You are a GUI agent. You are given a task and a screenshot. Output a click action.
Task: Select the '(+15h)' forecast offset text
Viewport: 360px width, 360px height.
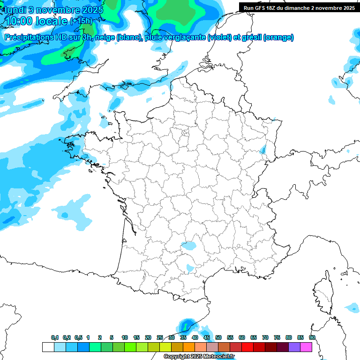coord(81,21)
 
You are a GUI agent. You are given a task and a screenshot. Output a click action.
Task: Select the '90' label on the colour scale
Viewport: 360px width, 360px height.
coord(312,337)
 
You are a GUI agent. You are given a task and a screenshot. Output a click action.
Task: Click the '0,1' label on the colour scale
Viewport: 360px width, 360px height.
coord(54,337)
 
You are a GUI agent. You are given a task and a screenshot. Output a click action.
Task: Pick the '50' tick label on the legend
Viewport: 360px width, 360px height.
coord(218,337)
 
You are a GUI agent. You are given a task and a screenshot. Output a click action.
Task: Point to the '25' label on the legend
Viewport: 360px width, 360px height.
coord(160,337)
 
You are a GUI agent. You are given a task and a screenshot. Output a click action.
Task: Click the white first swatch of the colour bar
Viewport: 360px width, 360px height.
coord(48,347)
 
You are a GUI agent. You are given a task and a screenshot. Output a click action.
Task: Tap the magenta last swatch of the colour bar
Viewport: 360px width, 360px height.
coord(306,347)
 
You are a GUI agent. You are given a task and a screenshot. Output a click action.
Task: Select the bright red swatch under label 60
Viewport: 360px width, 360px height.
coord(247,347)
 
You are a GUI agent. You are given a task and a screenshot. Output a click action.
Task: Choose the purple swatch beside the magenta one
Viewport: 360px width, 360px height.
coord(294,347)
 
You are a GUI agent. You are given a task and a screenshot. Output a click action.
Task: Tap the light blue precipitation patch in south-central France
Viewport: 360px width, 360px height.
coord(189,245)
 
